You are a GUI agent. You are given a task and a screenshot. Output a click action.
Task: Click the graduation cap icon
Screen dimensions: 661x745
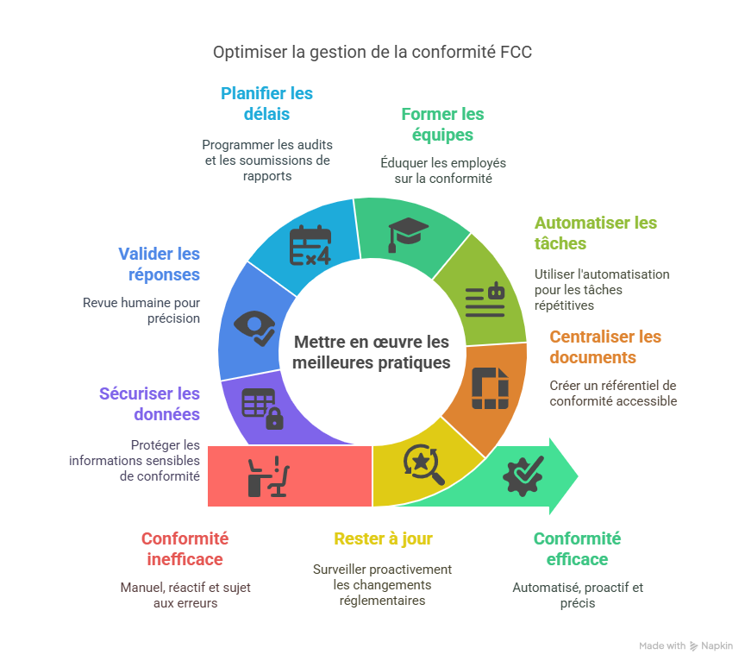click(x=408, y=234)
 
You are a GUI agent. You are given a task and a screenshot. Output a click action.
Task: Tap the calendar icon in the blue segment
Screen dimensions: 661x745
click(x=310, y=245)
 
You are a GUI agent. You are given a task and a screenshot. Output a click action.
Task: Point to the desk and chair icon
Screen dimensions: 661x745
click(x=267, y=476)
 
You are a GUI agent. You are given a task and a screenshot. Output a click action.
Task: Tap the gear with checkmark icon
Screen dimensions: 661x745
click(x=523, y=474)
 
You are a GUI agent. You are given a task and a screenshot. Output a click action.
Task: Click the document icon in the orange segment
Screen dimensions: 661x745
click(x=489, y=387)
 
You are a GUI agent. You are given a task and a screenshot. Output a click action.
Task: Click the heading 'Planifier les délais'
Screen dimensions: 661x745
click(x=266, y=104)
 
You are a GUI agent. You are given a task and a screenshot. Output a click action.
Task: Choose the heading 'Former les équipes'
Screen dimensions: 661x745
click(x=442, y=124)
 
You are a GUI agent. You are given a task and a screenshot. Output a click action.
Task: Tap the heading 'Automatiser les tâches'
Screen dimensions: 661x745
click(x=595, y=233)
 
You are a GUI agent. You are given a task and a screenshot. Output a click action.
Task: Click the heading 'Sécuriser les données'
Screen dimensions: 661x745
click(x=149, y=404)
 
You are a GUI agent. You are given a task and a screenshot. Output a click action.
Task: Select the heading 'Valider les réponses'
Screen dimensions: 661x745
click(x=159, y=264)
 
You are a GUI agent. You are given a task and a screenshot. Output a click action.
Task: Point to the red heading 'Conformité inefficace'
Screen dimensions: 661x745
click(x=184, y=549)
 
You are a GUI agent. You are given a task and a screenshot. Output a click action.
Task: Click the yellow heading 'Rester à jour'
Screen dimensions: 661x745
click(x=383, y=539)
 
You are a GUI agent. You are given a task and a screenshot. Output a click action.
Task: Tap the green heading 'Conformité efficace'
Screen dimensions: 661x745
click(x=577, y=549)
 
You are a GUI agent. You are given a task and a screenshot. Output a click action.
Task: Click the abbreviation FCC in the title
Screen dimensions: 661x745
click(x=516, y=53)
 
